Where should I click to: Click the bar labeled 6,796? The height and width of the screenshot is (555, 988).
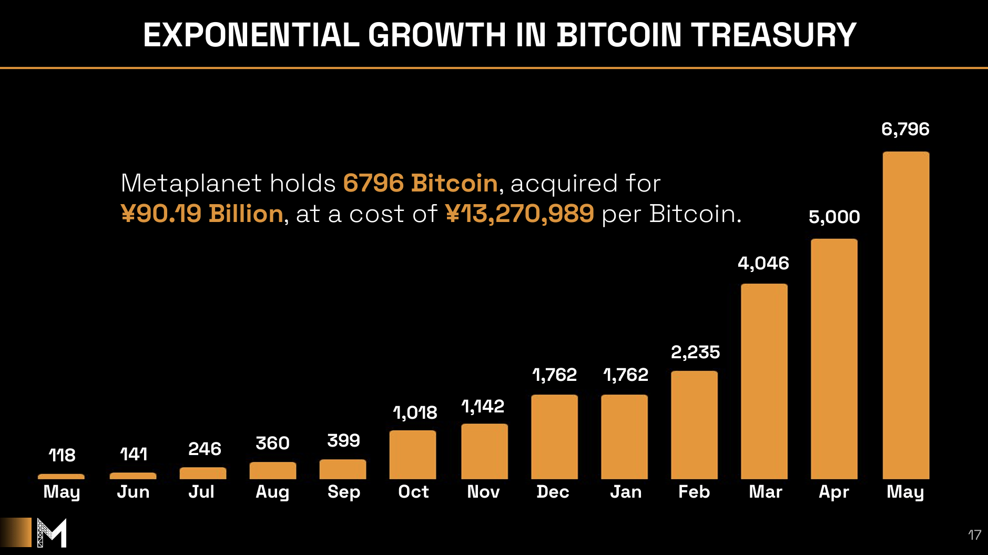[x=905, y=316]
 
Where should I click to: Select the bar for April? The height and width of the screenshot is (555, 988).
[x=834, y=359]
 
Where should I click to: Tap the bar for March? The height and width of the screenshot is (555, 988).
[x=764, y=381]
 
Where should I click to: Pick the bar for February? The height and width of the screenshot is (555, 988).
[x=694, y=425]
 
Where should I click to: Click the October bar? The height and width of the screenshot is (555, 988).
[x=413, y=455]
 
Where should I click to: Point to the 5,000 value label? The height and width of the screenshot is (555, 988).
[x=834, y=217]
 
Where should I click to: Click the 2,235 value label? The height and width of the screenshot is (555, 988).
[x=695, y=352]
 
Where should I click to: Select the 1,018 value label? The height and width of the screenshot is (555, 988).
[x=415, y=412]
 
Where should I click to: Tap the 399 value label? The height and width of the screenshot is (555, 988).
[x=343, y=440]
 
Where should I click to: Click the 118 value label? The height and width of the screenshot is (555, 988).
[x=62, y=455]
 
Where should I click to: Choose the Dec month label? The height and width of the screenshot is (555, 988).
[x=553, y=492]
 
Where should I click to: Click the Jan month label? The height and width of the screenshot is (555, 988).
[x=626, y=492]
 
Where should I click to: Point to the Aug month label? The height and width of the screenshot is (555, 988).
[x=272, y=492]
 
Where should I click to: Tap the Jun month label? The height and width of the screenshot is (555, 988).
[x=133, y=492]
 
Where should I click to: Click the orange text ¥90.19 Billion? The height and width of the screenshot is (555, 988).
[x=202, y=214]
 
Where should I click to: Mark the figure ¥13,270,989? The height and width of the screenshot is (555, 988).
[x=520, y=214]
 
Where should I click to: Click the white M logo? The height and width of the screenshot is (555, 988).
[x=52, y=532]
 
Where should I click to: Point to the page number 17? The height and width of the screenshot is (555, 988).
[x=974, y=535]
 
